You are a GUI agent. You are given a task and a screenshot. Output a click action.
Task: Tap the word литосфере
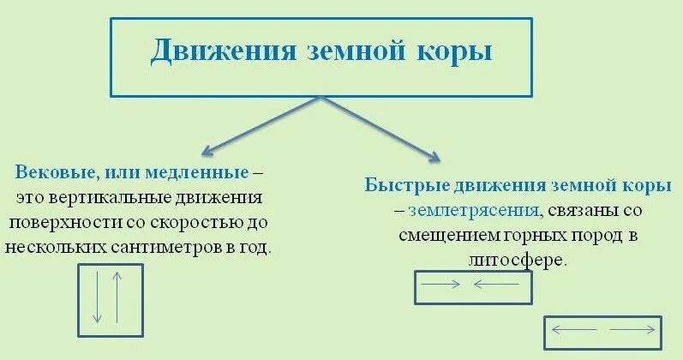(523, 260)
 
